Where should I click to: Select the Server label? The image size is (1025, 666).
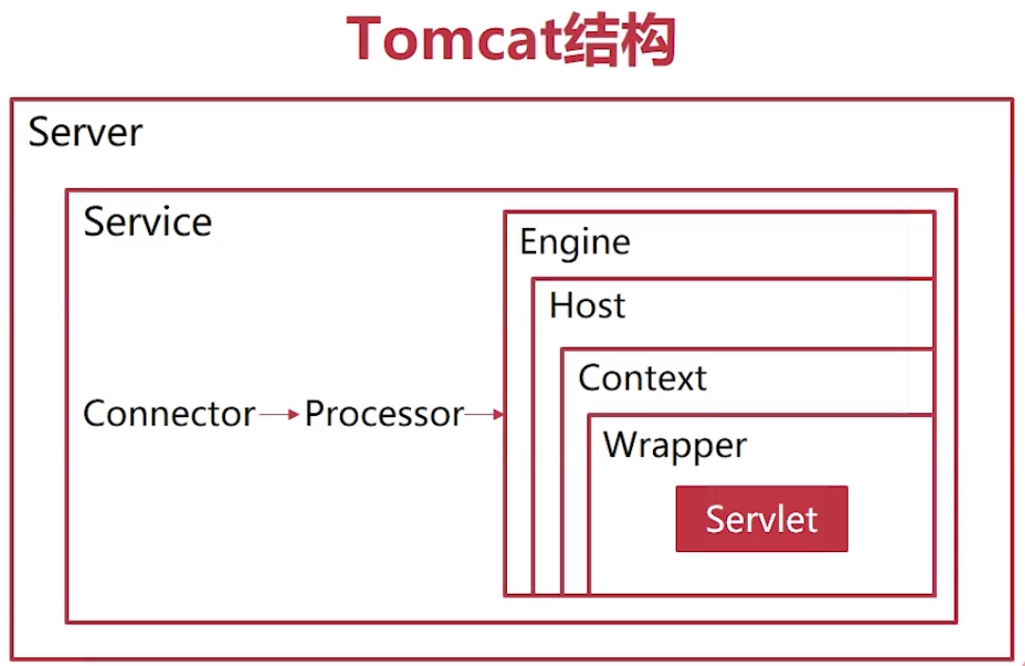click(85, 132)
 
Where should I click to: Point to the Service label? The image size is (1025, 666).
click(148, 222)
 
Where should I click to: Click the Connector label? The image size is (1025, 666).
click(169, 414)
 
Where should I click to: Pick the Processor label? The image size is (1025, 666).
click(384, 414)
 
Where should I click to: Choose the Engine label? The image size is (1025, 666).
click(575, 242)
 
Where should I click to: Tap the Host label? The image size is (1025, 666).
click(587, 306)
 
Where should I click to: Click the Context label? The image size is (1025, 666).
click(643, 378)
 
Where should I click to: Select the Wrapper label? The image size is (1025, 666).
click(675, 446)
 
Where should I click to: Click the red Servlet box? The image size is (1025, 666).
click(761, 519)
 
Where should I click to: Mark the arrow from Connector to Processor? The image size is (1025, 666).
click(280, 414)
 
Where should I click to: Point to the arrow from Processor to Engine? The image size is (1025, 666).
click(484, 414)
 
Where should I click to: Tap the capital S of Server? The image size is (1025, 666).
click(39, 132)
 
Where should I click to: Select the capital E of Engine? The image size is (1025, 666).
click(528, 241)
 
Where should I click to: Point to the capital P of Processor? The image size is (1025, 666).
click(314, 414)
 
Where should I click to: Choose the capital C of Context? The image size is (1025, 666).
click(590, 378)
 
